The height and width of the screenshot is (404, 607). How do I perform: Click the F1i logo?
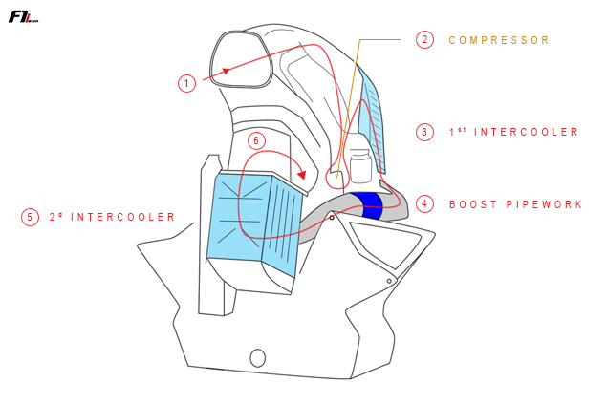23,17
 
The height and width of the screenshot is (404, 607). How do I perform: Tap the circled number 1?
187,83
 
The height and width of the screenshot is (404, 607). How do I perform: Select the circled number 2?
424,40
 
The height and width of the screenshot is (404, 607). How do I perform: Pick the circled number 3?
424,132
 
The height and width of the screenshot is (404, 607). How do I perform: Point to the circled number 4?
424,203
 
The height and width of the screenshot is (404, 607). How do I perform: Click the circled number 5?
30,217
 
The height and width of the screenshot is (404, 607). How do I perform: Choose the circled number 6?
256,140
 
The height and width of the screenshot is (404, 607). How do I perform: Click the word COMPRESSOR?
499,40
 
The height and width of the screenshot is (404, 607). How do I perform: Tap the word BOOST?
472,204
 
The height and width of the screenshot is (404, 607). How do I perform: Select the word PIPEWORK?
544,204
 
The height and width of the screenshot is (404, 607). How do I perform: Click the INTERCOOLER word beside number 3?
526,132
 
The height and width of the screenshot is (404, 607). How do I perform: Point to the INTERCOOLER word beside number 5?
122,217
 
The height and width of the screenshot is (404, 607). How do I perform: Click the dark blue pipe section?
371,204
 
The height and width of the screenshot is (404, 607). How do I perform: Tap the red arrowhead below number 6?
301,174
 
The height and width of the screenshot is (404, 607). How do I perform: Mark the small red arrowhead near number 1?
227,71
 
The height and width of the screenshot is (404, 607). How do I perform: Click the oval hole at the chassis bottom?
258,358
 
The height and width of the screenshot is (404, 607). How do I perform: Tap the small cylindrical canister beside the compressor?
360,166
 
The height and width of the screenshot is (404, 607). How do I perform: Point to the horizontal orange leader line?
380,39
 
